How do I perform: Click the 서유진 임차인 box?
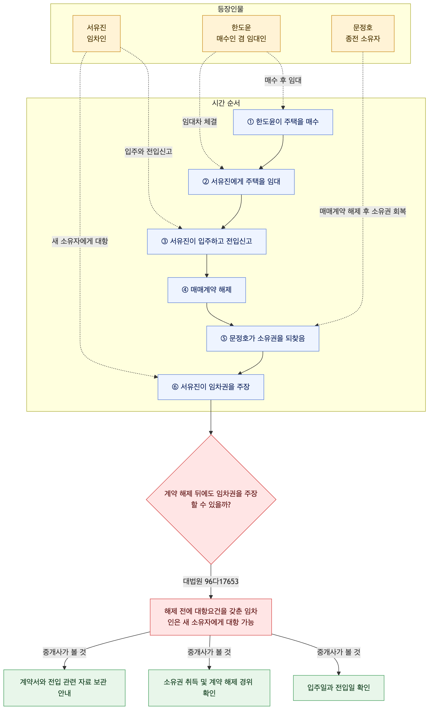click(x=96, y=33)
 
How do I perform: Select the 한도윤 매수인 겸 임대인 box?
click(x=241, y=33)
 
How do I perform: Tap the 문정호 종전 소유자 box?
click(x=363, y=33)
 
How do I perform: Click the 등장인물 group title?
click(x=230, y=9)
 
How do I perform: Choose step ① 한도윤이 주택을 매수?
click(x=283, y=122)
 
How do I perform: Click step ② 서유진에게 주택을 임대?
click(x=241, y=182)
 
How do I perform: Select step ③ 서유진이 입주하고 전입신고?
click(x=207, y=242)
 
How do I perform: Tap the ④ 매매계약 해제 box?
click(x=207, y=290)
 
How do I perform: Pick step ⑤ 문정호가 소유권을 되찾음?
click(x=263, y=338)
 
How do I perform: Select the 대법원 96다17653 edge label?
click(x=211, y=581)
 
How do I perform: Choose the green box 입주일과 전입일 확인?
click(x=339, y=688)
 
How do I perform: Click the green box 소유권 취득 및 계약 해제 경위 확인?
click(x=209, y=688)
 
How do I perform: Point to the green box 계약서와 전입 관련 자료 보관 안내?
click(x=64, y=688)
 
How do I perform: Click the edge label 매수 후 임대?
click(x=283, y=80)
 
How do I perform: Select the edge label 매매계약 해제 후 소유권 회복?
click(x=363, y=211)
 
